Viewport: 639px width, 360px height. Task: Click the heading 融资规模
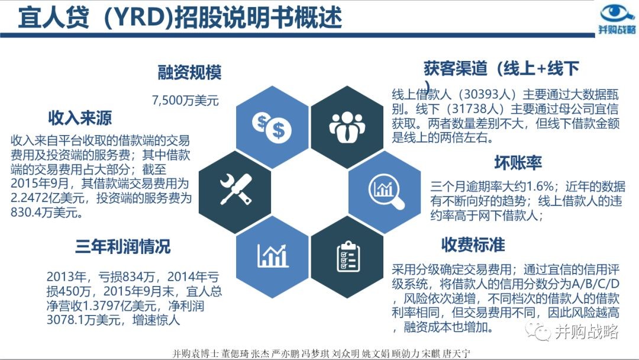(189, 73)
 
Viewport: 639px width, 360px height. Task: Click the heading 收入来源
(80, 118)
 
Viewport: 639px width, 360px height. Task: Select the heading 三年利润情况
(123, 247)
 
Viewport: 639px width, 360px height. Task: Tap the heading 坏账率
(518, 163)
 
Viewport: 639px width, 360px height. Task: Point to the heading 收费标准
(473, 245)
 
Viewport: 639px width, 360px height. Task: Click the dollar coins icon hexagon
(272, 127)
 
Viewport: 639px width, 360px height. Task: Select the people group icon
(347, 127)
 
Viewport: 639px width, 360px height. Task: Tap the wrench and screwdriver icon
(236, 189)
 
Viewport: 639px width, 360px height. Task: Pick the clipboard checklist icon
(348, 256)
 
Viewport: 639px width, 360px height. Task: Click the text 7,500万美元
(185, 100)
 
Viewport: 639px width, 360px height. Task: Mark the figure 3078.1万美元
(83, 320)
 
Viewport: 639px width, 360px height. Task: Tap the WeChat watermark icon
(538, 330)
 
